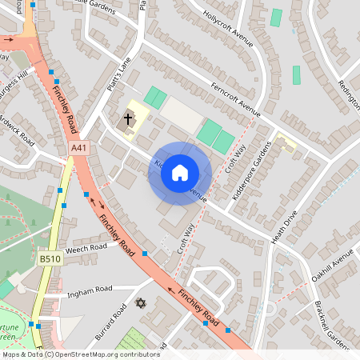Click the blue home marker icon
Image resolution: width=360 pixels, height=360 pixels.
tap(180, 172)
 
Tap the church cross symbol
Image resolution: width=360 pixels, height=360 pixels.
tap(127, 120)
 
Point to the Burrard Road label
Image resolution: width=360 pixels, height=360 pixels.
tap(111, 322)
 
